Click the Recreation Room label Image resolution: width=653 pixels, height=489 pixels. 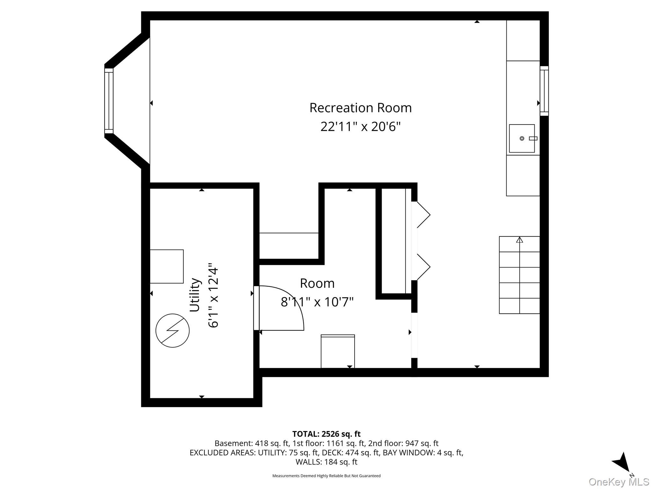point(360,108)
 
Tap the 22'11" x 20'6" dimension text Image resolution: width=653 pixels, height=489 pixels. point(360,127)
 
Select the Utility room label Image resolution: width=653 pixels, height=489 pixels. point(194,295)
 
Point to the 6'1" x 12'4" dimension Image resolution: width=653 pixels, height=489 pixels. point(213,295)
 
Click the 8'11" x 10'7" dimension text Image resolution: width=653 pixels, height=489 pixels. point(317,302)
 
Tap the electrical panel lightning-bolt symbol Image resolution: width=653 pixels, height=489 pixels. point(172,330)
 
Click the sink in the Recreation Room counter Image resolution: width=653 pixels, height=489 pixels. point(522,138)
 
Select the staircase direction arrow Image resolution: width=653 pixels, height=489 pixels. point(520,240)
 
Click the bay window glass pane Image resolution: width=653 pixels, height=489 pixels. point(109,101)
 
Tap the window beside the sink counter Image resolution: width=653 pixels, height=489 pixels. point(544,91)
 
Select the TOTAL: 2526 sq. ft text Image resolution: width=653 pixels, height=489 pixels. point(326,434)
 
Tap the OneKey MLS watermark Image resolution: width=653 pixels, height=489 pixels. point(619,482)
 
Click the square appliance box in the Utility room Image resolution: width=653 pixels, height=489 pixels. point(166,266)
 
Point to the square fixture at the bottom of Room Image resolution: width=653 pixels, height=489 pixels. point(338,351)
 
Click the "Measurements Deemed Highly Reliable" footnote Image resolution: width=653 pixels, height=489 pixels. point(326,476)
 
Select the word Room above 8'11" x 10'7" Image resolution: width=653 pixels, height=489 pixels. point(317,283)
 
